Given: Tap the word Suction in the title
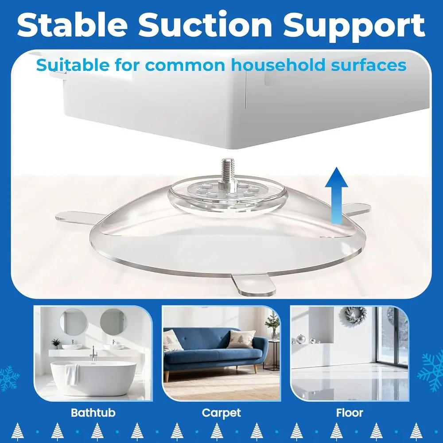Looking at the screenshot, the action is [x=205, y=25].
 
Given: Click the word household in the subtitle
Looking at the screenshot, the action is [x=278, y=65].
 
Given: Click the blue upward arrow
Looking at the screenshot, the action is [x=337, y=195].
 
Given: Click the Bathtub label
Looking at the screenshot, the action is [x=93, y=413].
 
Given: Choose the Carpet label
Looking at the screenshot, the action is [x=221, y=413].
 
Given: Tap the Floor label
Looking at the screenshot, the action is [x=350, y=413].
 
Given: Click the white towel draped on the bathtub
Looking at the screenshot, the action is [x=72, y=374].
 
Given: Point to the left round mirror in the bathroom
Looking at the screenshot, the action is [x=74, y=322].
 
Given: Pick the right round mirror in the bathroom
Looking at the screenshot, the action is [x=113, y=322].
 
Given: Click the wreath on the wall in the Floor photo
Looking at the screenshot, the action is [x=355, y=315].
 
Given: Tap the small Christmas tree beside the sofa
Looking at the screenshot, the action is [x=272, y=324].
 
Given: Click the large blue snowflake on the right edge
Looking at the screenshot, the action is [x=431, y=371].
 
